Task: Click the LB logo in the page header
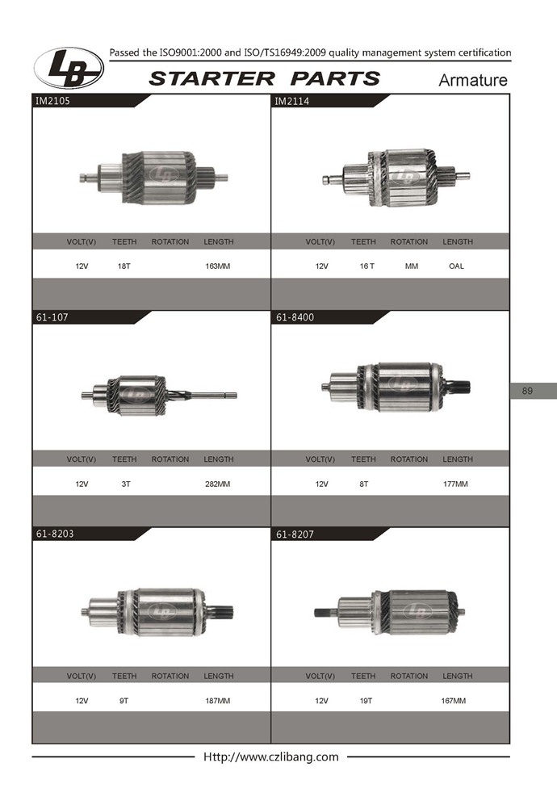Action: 69,69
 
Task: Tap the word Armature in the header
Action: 472,80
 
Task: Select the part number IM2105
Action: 52,100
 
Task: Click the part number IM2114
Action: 291,101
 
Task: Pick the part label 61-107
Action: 52,317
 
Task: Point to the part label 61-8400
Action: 295,317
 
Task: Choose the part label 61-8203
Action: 55,534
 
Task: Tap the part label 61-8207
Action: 295,534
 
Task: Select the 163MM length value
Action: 217,266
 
